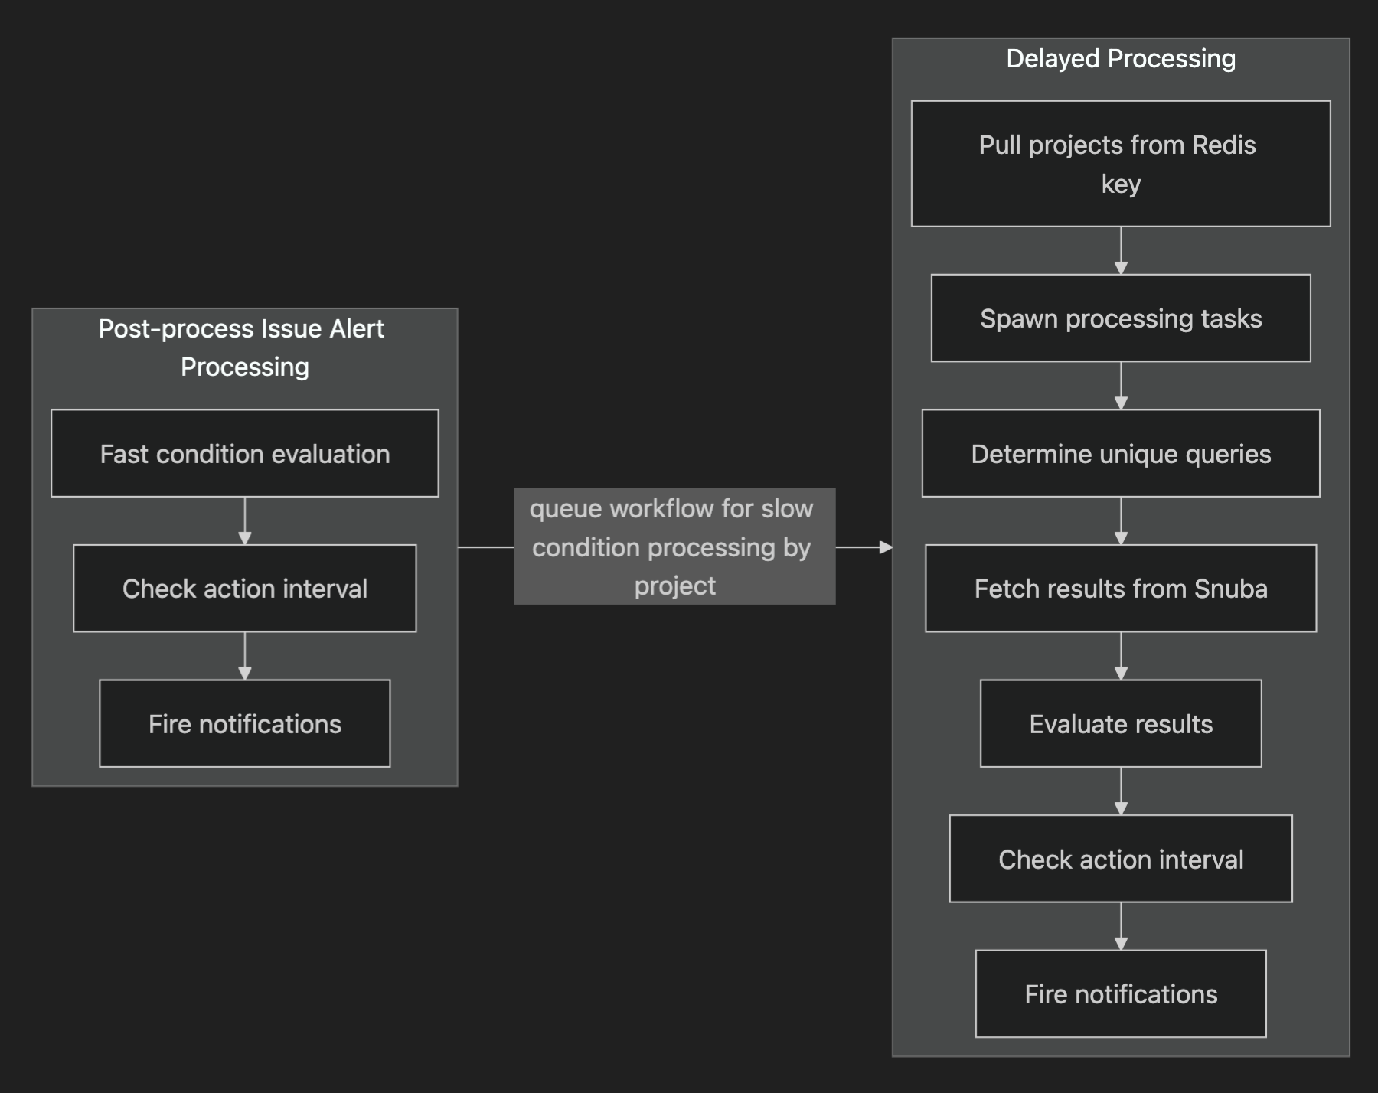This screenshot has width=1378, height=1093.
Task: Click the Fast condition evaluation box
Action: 245,453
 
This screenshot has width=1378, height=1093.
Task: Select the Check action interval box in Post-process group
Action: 245,588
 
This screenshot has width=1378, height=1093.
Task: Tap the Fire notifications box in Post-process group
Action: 245,723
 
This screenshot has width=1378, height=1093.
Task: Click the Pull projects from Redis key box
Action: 1121,163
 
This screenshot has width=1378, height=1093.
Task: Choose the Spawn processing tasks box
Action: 1121,318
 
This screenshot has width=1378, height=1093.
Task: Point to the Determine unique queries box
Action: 1121,453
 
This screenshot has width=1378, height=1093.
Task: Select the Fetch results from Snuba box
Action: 1121,588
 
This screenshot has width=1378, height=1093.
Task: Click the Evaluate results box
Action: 1121,723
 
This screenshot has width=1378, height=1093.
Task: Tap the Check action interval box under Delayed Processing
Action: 1121,859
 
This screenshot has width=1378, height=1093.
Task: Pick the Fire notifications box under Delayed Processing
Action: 1121,993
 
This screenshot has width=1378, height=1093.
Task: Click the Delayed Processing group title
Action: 1121,59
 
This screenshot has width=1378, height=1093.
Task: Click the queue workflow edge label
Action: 674,546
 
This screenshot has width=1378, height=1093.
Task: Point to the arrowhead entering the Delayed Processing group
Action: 887,547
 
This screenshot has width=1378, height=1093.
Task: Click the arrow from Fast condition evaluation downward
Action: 245,521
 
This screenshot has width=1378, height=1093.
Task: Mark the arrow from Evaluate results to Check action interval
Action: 1121,791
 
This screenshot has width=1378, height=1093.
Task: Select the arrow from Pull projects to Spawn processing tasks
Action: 1121,251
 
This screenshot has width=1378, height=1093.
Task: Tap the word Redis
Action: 1223,145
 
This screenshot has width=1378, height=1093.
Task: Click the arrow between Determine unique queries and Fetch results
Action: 1121,521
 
